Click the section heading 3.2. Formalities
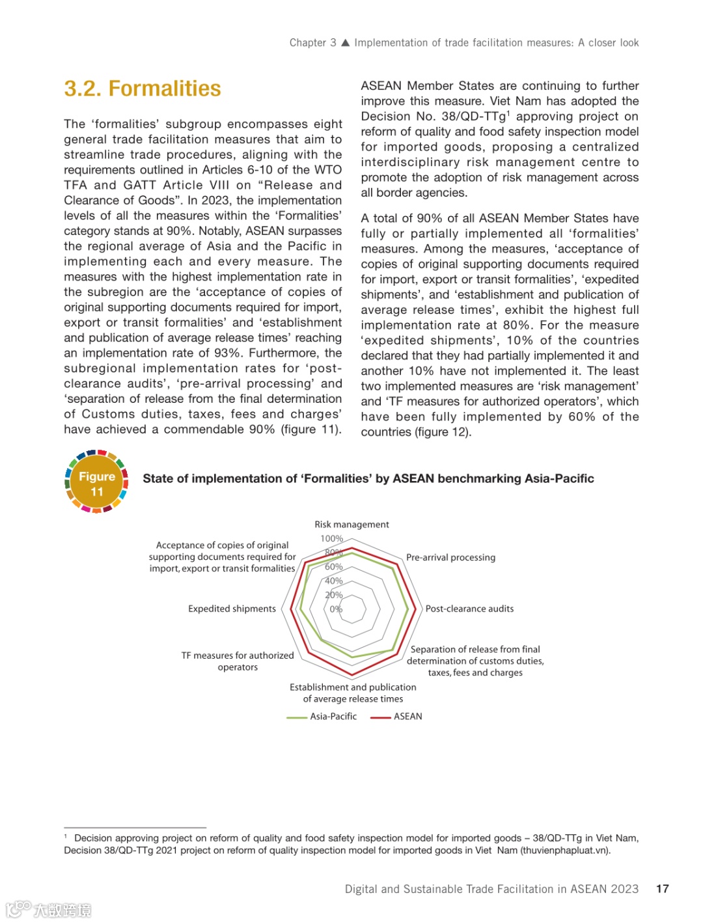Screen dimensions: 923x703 [x=143, y=89]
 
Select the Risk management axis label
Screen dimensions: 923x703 [x=351, y=525]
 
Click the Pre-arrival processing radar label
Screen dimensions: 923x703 [x=450, y=558]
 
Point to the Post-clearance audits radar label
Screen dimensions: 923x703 [x=469, y=609]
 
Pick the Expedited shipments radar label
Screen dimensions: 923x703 [x=232, y=609]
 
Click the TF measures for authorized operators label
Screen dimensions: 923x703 [x=238, y=661]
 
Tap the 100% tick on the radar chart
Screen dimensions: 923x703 [x=331, y=539]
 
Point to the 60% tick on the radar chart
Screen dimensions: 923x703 [x=333, y=567]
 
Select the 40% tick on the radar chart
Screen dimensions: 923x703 [x=333, y=581]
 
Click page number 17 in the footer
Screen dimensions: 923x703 [x=662, y=889]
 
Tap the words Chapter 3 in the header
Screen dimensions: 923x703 [x=312, y=43]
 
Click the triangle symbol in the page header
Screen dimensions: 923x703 [x=346, y=43]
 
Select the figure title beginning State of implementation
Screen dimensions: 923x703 [x=368, y=479]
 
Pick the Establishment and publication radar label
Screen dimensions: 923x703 [x=353, y=693]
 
